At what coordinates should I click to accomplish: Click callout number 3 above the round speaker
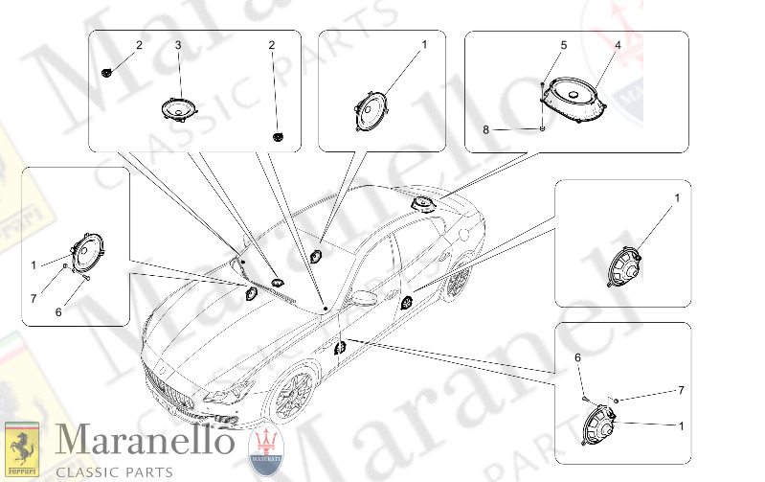click(x=177, y=45)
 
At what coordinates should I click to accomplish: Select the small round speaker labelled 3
click(x=175, y=108)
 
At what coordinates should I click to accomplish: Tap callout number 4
click(x=618, y=45)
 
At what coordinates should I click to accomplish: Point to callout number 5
click(x=563, y=45)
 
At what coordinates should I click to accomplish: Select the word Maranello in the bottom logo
click(x=144, y=441)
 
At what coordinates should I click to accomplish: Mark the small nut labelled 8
click(x=543, y=127)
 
